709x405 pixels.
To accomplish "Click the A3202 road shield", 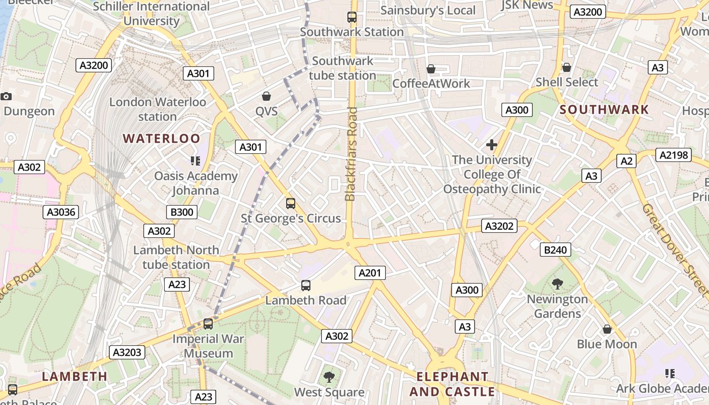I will coord(499,226).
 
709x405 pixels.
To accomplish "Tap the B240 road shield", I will coord(556,249).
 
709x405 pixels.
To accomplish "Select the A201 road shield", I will coord(369,273).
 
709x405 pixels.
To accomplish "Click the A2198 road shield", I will coord(674,155).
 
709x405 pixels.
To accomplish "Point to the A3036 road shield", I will coord(61,212).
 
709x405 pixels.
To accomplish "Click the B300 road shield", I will coord(182,212).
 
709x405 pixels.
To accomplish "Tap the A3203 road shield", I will coord(127,352).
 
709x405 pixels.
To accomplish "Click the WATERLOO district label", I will coord(162,138).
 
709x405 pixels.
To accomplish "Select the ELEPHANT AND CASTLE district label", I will coord(452,384).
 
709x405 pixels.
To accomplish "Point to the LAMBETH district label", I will coord(74,376).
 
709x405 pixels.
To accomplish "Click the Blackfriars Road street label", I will coord(350,154).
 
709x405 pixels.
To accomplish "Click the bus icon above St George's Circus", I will coord(291,204).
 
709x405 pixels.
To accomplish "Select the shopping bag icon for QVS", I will coord(266,96).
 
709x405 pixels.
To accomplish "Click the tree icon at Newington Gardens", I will coord(558,284).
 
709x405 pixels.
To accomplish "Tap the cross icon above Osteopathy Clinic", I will coord(491,145).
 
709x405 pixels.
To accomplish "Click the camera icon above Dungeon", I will coord(6,96).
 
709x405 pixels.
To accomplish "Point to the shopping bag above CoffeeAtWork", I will coord(431,68).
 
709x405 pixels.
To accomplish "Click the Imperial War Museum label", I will coord(208,346).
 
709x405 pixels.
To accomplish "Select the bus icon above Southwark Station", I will coord(352,17).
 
